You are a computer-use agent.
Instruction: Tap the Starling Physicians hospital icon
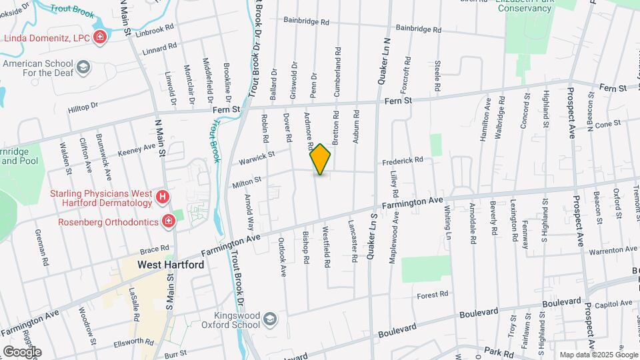(x=162, y=197)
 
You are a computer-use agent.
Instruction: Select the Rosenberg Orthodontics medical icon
(x=169, y=221)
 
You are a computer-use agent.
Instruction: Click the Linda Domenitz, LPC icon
(x=100, y=37)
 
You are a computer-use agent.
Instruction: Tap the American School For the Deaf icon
(x=83, y=67)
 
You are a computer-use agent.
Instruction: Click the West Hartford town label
(x=171, y=264)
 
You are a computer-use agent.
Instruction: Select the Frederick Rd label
(x=403, y=161)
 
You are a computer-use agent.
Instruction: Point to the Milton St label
(x=246, y=178)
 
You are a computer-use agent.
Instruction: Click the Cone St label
(x=607, y=124)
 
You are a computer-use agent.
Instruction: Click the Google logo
(x=21, y=351)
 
